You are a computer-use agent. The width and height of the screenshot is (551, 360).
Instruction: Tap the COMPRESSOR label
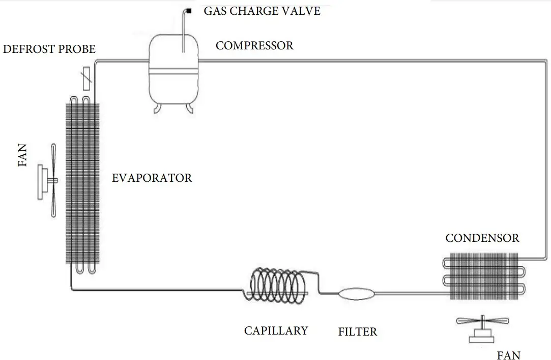click(254, 46)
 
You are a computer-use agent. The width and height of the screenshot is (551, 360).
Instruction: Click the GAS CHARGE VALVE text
click(262, 11)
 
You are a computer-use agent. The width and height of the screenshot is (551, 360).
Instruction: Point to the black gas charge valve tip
click(189, 11)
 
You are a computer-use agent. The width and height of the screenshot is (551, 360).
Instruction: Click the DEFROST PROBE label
click(49, 49)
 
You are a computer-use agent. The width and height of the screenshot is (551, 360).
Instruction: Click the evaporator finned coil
click(82, 183)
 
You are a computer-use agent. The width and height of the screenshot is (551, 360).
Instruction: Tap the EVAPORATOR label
click(152, 178)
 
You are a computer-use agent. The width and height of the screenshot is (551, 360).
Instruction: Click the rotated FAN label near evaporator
click(23, 156)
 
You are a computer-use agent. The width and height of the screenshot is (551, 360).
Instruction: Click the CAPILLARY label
click(276, 330)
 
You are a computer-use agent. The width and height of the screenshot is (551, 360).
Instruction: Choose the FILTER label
click(358, 333)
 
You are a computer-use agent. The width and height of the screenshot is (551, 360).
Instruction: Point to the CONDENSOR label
click(482, 238)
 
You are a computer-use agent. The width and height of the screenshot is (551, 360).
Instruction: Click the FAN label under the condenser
click(509, 355)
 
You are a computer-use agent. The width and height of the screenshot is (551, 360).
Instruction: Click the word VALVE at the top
click(302, 11)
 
